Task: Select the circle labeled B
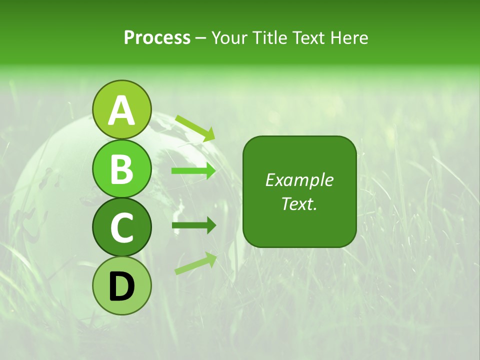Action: point(121,168)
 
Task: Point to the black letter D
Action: point(121,286)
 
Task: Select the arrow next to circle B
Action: point(193,171)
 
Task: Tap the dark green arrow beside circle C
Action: point(193,225)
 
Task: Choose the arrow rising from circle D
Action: point(195,263)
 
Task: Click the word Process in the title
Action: point(157,37)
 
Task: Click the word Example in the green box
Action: point(299,180)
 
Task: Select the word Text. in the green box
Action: point(299,203)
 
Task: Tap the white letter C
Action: point(121,227)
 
